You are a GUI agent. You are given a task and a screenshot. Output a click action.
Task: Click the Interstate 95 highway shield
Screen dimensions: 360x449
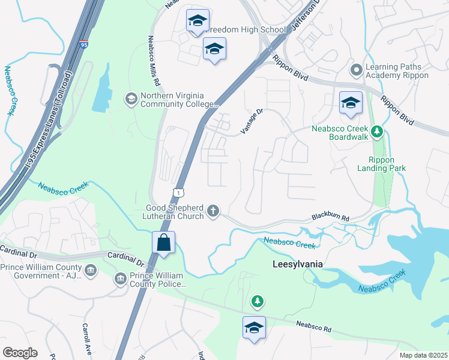(x=83, y=44)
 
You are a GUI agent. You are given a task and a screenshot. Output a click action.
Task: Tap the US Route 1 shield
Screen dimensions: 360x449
(x=179, y=191)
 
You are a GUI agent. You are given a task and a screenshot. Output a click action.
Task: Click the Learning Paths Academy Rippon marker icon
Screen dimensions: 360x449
(x=357, y=71)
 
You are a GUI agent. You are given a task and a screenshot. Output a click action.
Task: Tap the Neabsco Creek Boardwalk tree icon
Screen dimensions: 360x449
(x=376, y=130)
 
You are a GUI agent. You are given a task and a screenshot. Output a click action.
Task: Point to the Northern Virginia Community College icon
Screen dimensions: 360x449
(x=130, y=98)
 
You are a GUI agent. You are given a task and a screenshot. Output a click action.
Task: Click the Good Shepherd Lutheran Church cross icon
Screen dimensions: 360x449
(x=212, y=211)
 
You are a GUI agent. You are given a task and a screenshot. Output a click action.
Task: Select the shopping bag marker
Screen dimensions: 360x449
(x=163, y=243)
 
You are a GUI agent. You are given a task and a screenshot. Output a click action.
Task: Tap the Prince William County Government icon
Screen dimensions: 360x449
(x=91, y=269)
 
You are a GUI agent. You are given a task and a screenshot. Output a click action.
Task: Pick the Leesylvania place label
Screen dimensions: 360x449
(x=298, y=264)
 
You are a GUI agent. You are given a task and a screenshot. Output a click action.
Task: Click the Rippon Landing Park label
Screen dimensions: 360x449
(x=387, y=164)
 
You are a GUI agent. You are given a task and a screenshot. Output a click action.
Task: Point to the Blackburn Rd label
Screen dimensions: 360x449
(x=330, y=218)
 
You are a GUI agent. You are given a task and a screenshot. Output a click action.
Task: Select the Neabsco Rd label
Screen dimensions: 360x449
(x=313, y=326)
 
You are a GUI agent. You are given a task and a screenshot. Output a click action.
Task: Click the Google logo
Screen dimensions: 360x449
(x=20, y=353)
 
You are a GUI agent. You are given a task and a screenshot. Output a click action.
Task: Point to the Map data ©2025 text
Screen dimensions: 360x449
(x=423, y=355)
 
